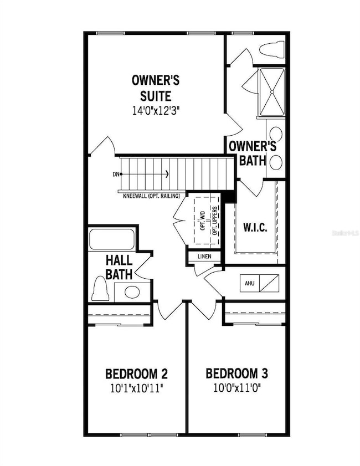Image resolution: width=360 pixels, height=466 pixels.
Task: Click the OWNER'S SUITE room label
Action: click(156, 88)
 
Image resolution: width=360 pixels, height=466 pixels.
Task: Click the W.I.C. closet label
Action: click(255, 228)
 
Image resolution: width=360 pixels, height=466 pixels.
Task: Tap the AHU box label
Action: click(249, 283)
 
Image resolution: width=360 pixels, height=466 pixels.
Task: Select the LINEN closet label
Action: click(203, 257)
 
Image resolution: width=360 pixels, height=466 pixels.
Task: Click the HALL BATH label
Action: click(119, 267)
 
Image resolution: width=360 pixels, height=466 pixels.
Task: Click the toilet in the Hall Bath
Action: click(101, 289)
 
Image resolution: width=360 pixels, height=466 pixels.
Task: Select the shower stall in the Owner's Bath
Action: click(271, 93)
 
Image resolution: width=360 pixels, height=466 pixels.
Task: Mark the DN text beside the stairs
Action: click(116, 175)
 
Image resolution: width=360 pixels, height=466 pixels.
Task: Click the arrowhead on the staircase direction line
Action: click(167, 175)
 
